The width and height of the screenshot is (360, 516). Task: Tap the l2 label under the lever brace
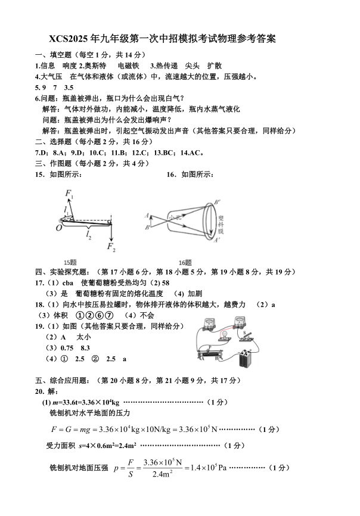pyautogui.click(x=89, y=237)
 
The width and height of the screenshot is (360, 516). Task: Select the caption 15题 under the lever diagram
pyautogui.click(x=70, y=262)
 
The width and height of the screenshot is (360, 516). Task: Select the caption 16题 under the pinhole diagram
pyautogui.click(x=185, y=262)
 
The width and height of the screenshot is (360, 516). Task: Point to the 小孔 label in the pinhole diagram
pyautogui.click(x=174, y=218)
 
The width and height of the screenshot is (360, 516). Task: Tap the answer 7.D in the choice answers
pyautogui.click(x=43, y=151)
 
